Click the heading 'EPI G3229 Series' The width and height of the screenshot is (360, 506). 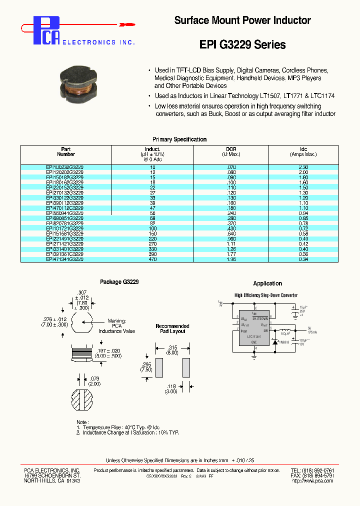[242, 44]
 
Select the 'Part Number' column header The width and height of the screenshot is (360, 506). [66, 152]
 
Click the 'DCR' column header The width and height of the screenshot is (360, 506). [230, 149]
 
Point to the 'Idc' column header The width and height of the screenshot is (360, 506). [303, 149]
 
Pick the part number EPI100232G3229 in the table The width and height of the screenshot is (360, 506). [65, 167]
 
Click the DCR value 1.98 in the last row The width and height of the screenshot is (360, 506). [230, 259]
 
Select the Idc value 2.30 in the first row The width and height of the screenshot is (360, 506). [303, 167]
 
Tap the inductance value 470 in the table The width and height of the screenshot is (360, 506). [152, 259]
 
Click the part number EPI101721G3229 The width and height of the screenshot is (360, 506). [65, 228]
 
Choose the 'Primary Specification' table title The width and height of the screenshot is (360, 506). [179, 139]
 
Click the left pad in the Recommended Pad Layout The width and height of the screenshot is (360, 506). [159, 367]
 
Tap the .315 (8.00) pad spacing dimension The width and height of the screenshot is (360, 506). [172, 349]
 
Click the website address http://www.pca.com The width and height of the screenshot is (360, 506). [312, 481]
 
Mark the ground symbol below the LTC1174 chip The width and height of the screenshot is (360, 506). [254, 356]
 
